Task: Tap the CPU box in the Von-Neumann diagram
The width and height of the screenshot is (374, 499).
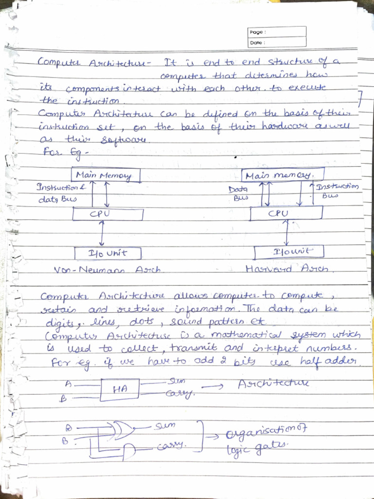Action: pyautogui.click(x=108, y=213)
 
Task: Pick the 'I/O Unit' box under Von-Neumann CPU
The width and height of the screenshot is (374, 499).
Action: pyautogui.click(x=108, y=253)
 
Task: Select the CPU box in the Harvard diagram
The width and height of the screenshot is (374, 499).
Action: pyautogui.click(x=286, y=213)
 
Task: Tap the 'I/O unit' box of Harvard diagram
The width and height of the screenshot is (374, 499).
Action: pyautogui.click(x=289, y=252)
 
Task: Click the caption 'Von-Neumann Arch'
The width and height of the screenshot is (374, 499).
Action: pyautogui.click(x=107, y=269)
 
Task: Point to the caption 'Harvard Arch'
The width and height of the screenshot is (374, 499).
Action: pyautogui.click(x=287, y=269)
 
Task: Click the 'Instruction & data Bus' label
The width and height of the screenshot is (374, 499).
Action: pyautogui.click(x=57, y=193)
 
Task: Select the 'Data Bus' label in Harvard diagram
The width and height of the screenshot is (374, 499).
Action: pyautogui.click(x=239, y=193)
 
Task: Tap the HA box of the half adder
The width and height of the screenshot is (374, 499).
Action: pyautogui.click(x=119, y=389)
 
